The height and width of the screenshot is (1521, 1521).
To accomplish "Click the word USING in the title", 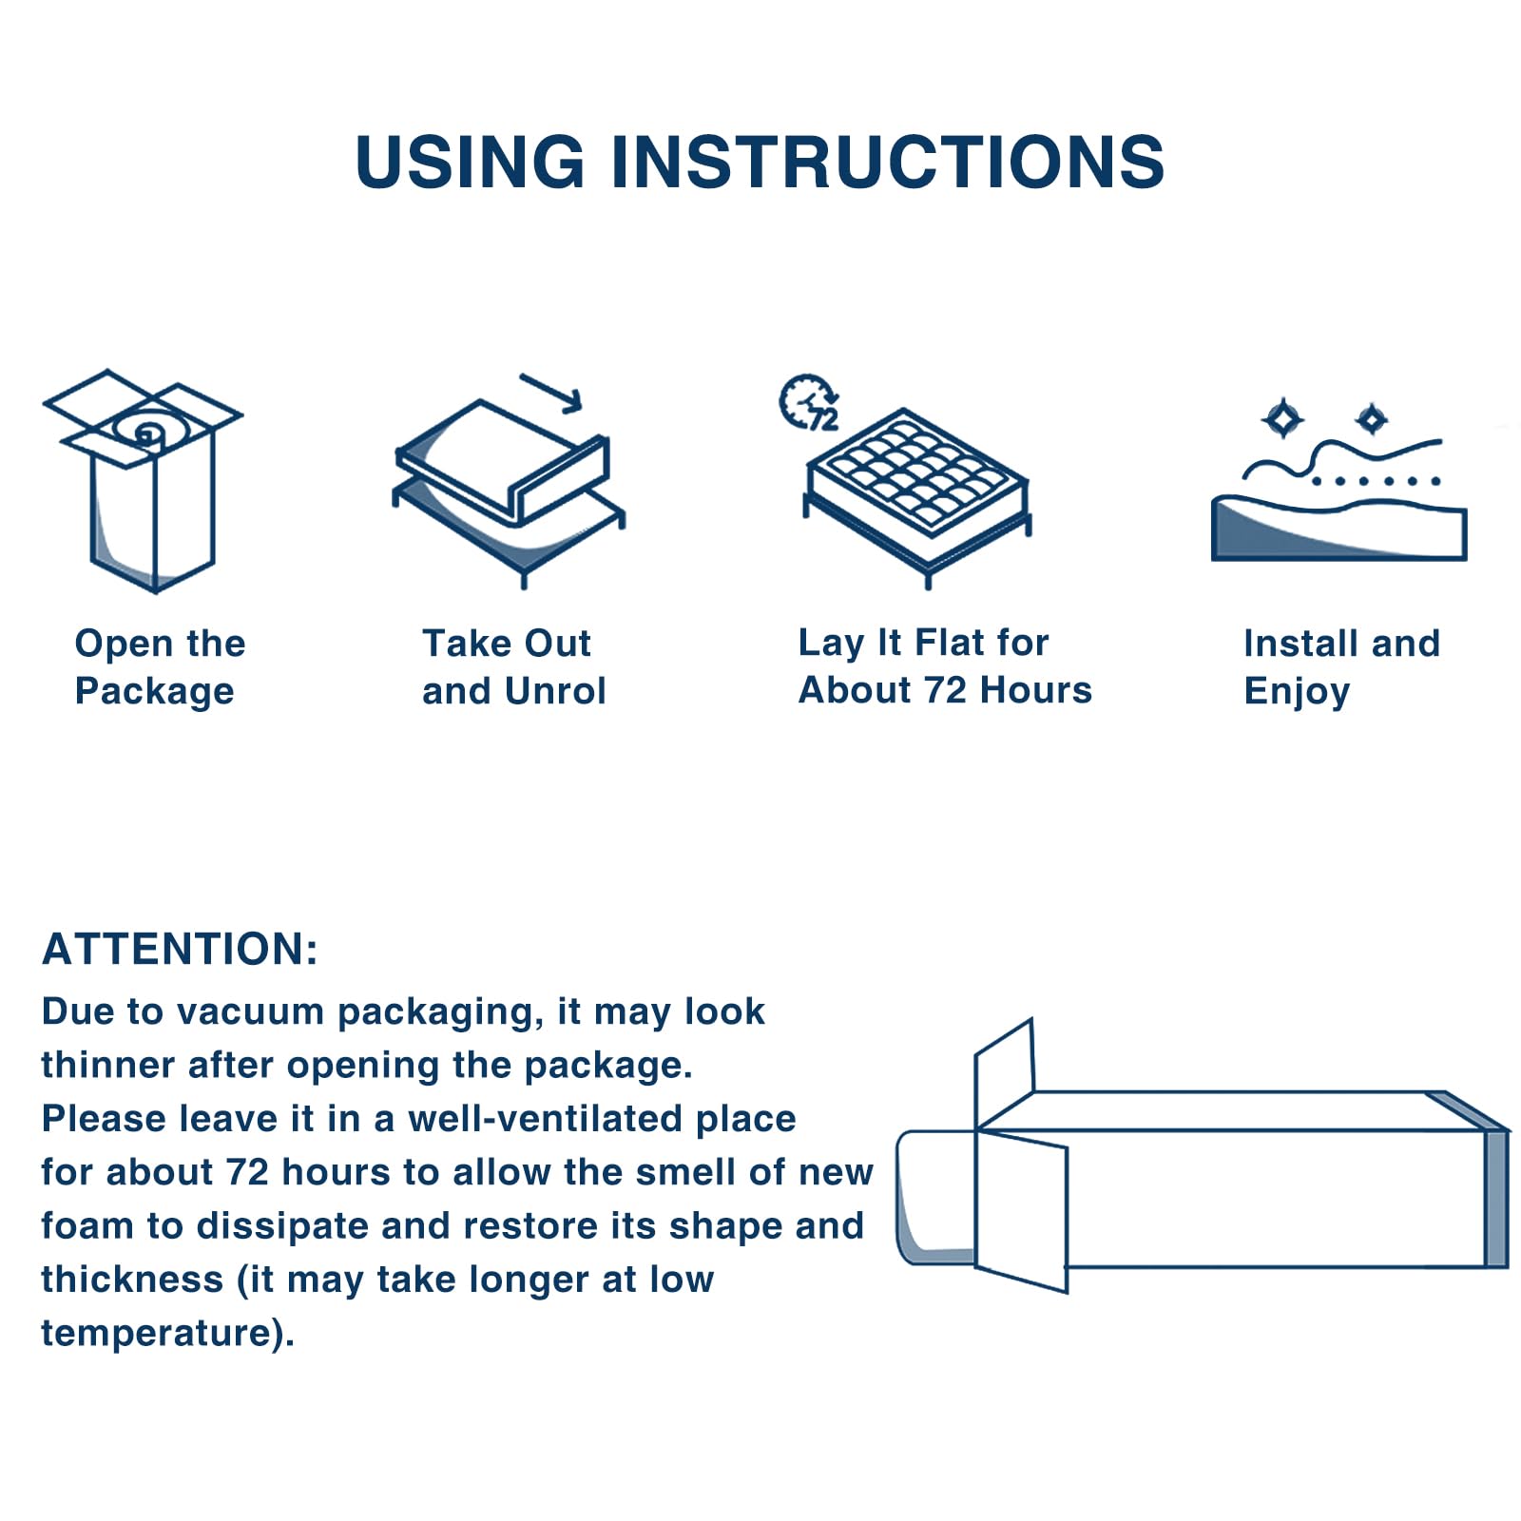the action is pyautogui.click(x=470, y=162).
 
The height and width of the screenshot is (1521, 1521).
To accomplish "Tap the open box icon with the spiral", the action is pyautogui.click(x=143, y=481).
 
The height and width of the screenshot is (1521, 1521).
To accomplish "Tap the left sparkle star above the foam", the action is pyautogui.click(x=1282, y=419).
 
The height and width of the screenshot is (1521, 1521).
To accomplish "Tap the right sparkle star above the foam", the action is pyautogui.click(x=1372, y=418).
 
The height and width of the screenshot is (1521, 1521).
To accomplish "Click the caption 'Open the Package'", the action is pyautogui.click(x=160, y=667).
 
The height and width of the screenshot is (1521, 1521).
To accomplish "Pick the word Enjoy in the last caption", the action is pyautogui.click(x=1297, y=692).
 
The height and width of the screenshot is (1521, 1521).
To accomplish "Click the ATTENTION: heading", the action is pyautogui.click(x=181, y=949).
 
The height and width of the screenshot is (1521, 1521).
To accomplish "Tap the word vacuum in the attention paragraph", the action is pyautogui.click(x=251, y=1011).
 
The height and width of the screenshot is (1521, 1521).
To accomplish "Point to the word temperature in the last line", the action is pyautogui.click(x=157, y=1333).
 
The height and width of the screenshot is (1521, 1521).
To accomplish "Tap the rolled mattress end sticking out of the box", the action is pyautogui.click(x=935, y=1198).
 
